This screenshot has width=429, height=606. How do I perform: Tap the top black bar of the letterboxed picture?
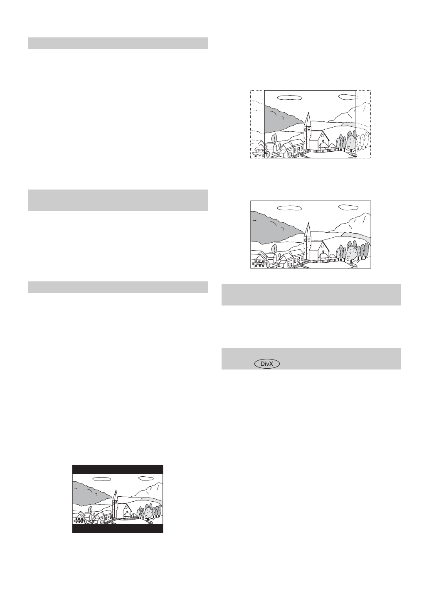coord(118,469)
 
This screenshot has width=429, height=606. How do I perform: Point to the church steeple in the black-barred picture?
coord(115,497)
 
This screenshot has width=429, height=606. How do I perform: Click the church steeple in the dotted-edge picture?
coord(307,121)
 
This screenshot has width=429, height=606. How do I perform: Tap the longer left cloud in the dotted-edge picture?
coord(289,97)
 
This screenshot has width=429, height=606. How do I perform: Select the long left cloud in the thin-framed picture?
coord(289,207)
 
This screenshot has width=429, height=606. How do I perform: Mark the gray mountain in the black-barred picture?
coord(89,491)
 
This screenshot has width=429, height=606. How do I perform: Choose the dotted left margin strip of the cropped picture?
coord(257,125)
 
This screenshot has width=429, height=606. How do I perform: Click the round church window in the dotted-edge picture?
coord(322,142)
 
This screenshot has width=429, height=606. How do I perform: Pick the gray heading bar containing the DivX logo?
coord(311,359)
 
